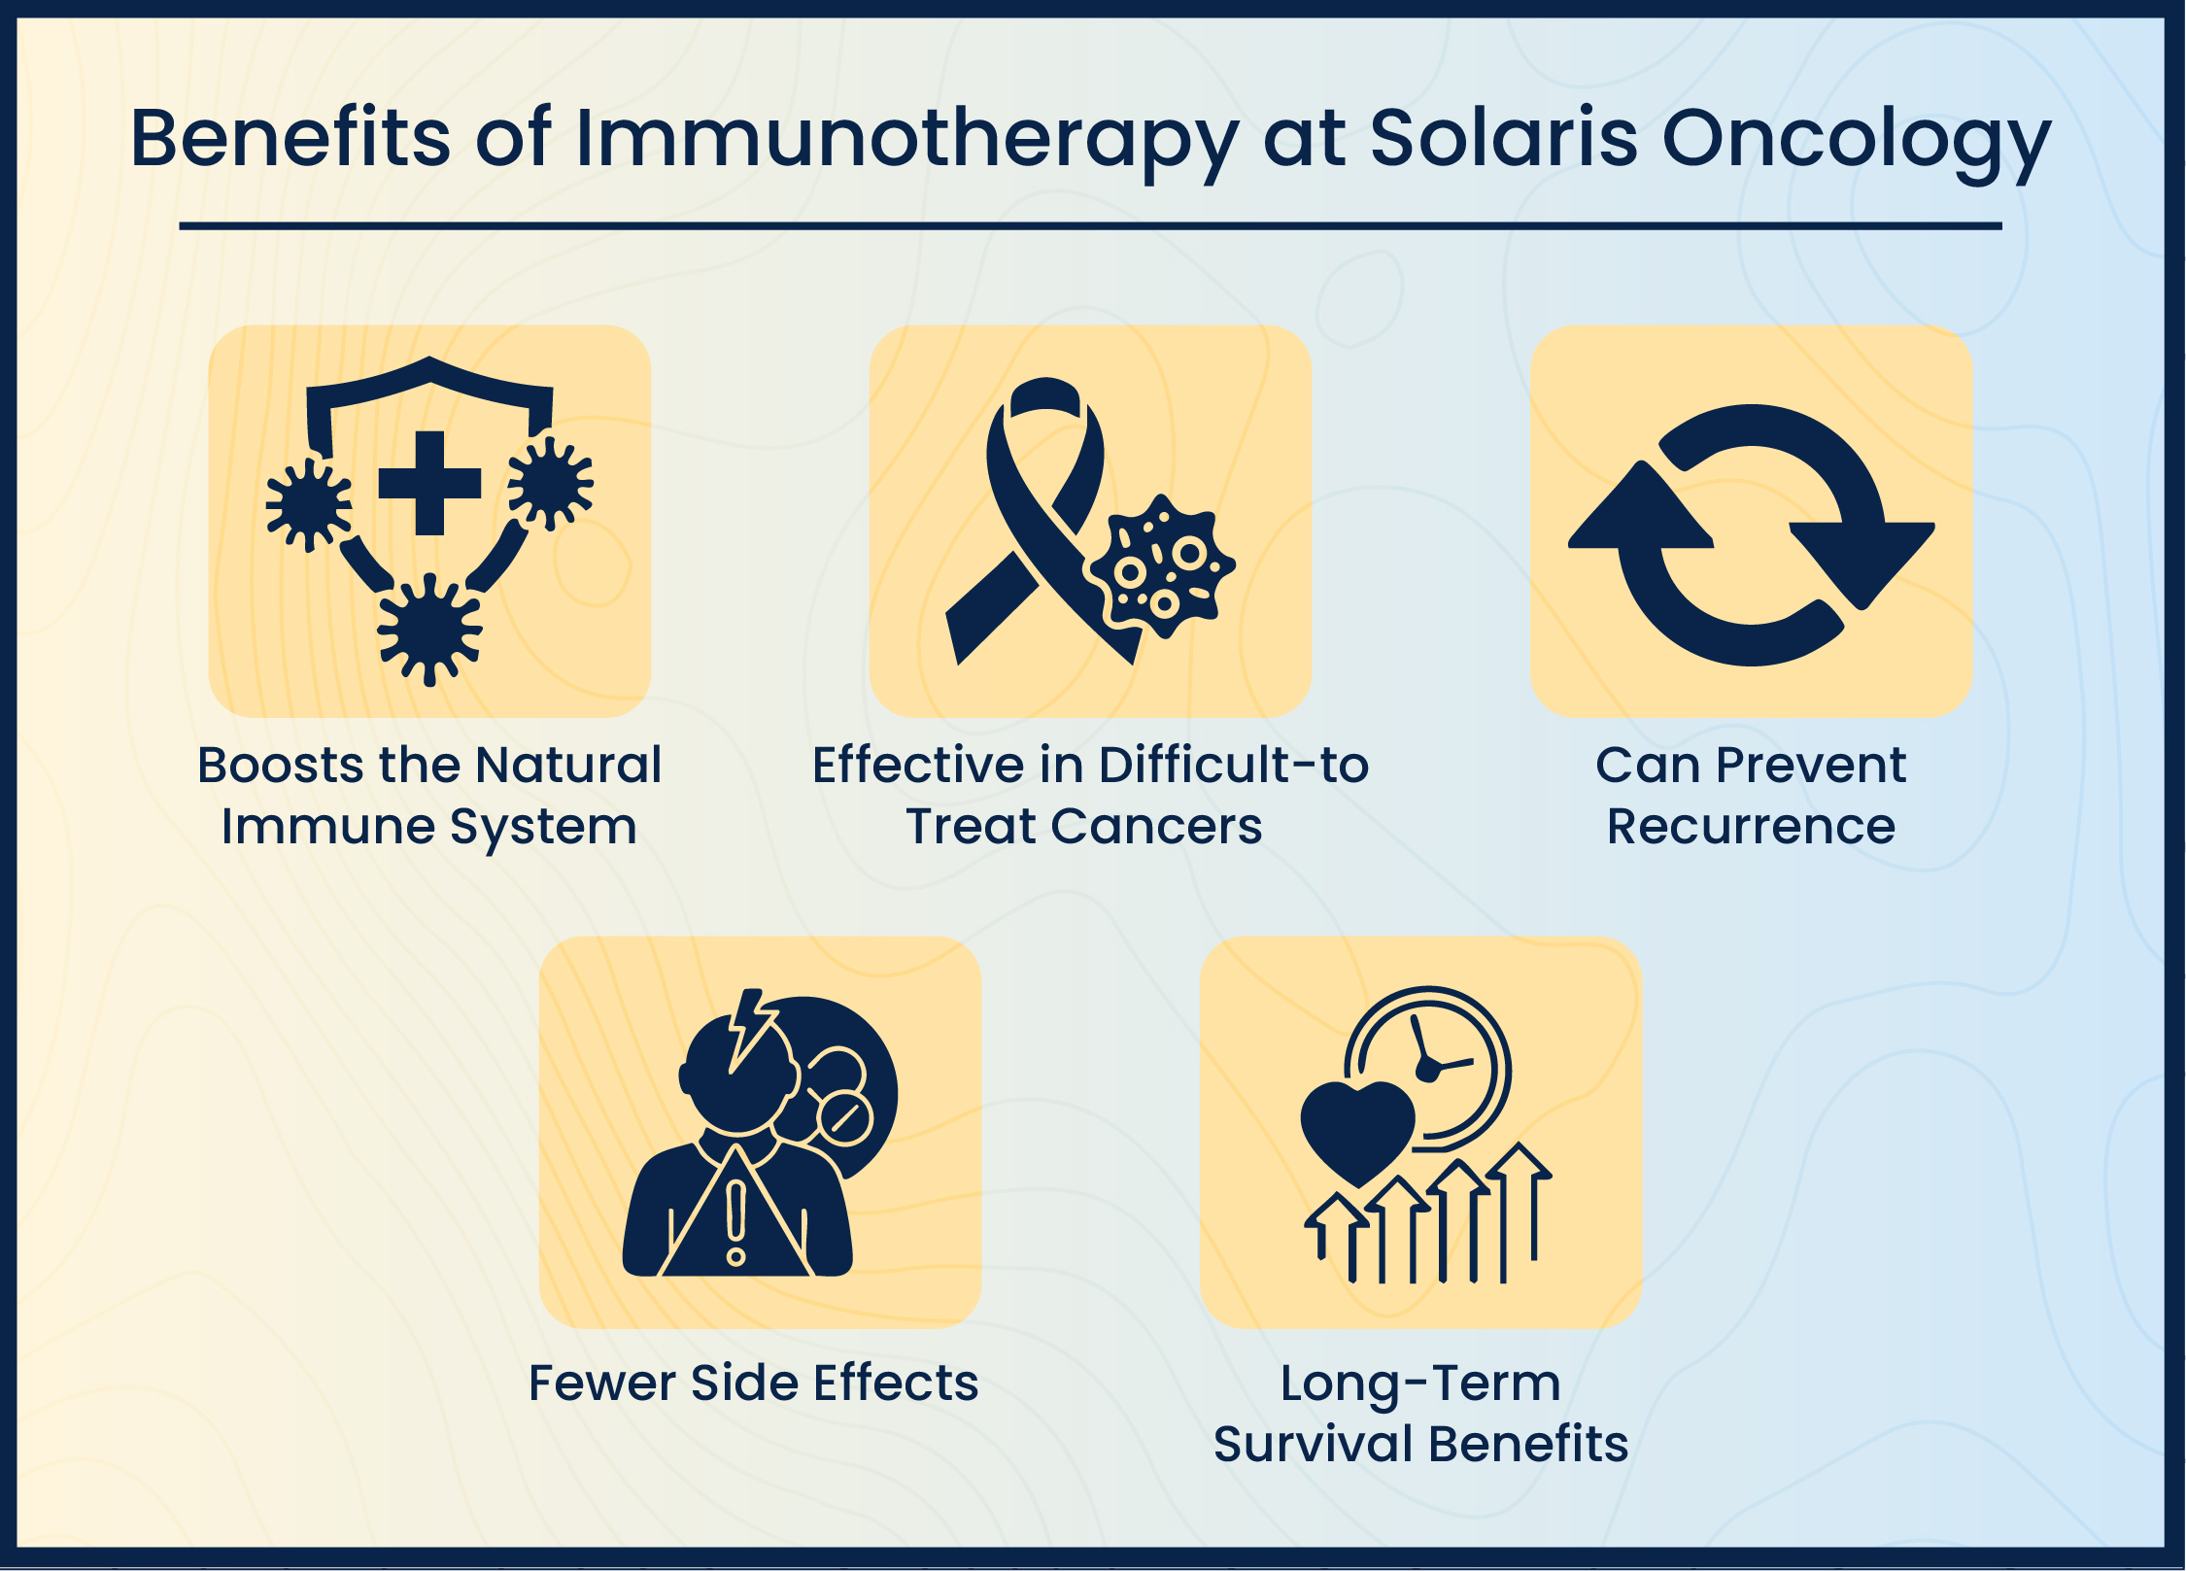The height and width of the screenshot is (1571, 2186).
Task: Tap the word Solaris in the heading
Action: tap(1503, 138)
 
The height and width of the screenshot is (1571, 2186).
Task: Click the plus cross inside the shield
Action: tap(429, 483)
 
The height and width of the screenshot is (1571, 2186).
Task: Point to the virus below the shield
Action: tap(429, 629)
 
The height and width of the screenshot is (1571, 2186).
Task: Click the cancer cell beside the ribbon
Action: tap(1162, 567)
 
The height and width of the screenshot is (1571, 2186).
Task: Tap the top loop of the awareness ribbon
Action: tap(1045, 398)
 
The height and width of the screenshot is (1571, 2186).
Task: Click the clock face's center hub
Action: tap(1427, 1070)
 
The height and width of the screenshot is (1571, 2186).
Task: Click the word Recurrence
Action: tap(1751, 827)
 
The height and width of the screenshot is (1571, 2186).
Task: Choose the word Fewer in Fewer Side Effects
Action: tap(600, 1383)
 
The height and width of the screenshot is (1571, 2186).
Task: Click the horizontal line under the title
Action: tap(1090, 226)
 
